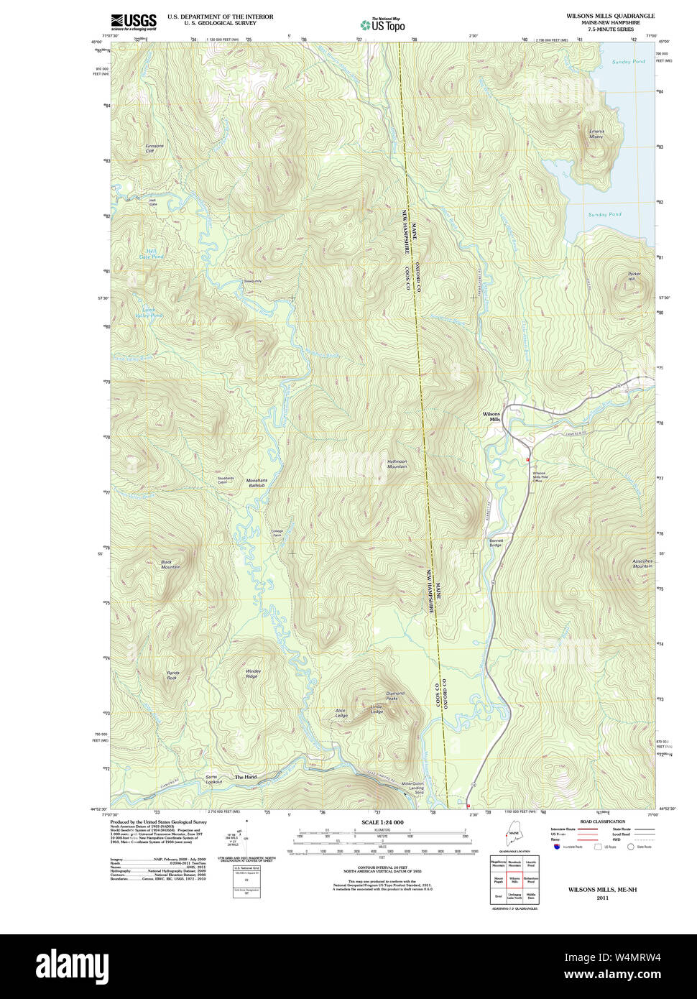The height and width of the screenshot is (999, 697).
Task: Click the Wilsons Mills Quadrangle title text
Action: click(x=610, y=16)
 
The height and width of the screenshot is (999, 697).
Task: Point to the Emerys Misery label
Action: click(x=596, y=134)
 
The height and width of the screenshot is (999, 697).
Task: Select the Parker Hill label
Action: click(x=634, y=276)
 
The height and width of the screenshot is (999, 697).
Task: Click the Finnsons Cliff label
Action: click(x=154, y=149)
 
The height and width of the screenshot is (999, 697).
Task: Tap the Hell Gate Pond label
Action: click(x=151, y=254)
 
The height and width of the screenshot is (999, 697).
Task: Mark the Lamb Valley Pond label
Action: click(x=152, y=313)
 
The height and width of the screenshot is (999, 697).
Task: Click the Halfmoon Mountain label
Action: click(x=397, y=464)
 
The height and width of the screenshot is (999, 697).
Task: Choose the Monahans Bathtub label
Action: click(x=257, y=483)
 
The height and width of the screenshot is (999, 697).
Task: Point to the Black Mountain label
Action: click(x=170, y=565)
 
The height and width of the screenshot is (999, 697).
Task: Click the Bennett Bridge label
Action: click(x=497, y=543)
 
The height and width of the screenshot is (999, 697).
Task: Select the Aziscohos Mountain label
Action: click(x=642, y=563)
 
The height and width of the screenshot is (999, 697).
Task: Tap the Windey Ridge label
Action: click(x=253, y=673)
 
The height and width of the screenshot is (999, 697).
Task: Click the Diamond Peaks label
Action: click(x=396, y=696)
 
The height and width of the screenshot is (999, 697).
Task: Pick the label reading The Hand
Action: click(x=245, y=777)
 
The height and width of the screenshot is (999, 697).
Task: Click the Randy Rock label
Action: click(x=172, y=676)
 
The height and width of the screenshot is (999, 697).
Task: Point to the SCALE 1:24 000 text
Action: click(x=382, y=822)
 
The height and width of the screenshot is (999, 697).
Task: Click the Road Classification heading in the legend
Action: click(x=602, y=821)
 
